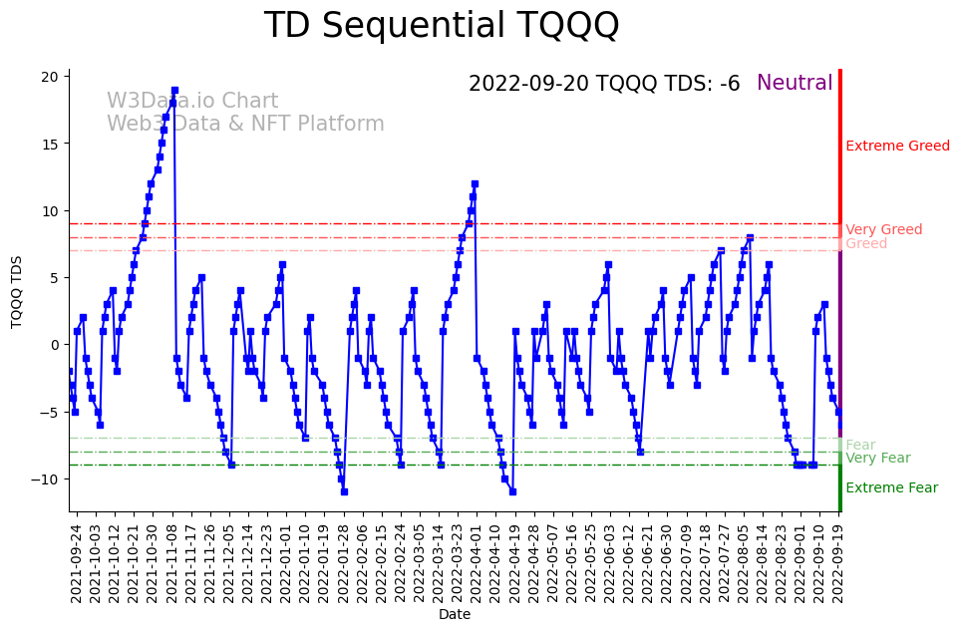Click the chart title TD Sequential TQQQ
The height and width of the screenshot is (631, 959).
pos(442,26)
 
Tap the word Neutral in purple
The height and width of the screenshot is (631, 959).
pos(795,84)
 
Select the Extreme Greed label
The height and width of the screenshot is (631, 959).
pos(897,147)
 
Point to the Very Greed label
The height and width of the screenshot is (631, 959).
pos(884,230)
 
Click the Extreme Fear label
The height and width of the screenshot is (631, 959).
pos(891,488)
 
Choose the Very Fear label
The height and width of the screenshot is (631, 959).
pos(878,459)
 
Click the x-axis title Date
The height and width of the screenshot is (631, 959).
pos(455,615)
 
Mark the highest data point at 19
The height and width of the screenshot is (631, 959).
pos(174,91)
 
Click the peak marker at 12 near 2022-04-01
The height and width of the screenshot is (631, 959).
pos(475,184)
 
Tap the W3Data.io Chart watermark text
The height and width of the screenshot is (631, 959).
pos(192,102)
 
